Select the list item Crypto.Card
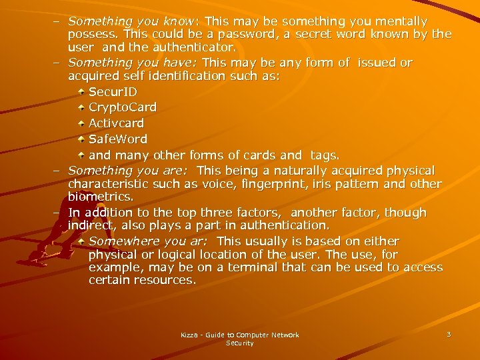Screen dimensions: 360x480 pyautogui.click(x=123, y=107)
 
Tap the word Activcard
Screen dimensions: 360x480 pyautogui.click(x=116, y=123)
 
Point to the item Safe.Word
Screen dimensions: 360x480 pyautogui.click(x=118, y=139)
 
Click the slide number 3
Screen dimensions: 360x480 pyautogui.click(x=449, y=334)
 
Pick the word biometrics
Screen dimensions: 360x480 pyautogui.click(x=100, y=197)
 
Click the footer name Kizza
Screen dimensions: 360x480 pyautogui.click(x=189, y=335)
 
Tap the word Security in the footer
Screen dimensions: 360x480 pyautogui.click(x=240, y=343)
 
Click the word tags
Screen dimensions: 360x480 pyautogui.click(x=325, y=155)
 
